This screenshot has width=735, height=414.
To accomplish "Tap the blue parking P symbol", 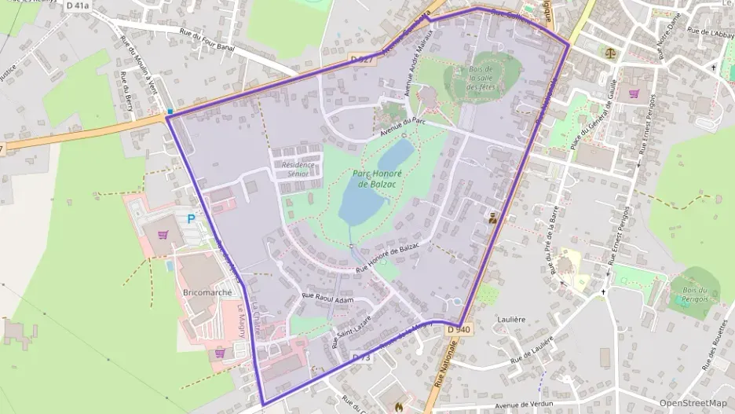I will tap(191, 219).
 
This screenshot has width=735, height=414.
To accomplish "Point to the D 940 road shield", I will tap(459, 330).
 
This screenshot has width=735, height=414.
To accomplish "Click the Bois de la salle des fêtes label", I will tap(481, 79).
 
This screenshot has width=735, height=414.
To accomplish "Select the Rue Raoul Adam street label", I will tap(328, 299).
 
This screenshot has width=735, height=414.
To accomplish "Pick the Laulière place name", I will tap(511, 320).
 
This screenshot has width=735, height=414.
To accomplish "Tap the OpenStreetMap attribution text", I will tap(693, 403).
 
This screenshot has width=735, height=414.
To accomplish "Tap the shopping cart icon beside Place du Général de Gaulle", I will tap(633, 93).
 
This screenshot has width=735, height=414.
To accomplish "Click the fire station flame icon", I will tap(400, 407).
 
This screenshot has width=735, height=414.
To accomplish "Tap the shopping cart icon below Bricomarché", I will tap(221, 354).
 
